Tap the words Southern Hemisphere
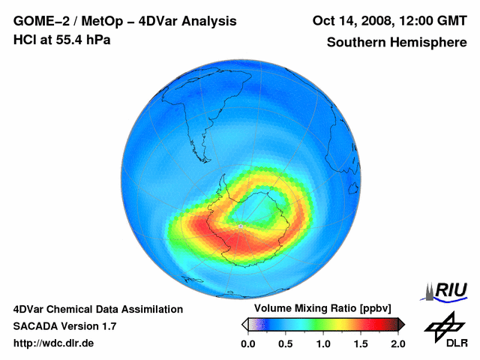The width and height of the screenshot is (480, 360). (396, 43)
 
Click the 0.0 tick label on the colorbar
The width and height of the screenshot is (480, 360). (247, 343)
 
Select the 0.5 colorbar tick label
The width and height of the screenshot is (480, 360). (285, 343)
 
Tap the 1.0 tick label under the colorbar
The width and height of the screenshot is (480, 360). (322, 343)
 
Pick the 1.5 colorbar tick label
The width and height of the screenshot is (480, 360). (360, 343)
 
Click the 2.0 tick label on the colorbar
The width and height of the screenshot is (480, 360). (397, 343)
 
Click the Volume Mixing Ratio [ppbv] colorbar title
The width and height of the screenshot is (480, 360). (320, 308)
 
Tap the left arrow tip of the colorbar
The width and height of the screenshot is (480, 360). (244, 324)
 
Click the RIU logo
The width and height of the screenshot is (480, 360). (447, 291)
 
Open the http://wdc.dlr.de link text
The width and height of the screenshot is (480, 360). (54, 343)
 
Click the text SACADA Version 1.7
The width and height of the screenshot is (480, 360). (64, 326)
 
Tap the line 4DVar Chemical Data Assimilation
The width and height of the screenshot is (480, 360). (98, 309)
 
